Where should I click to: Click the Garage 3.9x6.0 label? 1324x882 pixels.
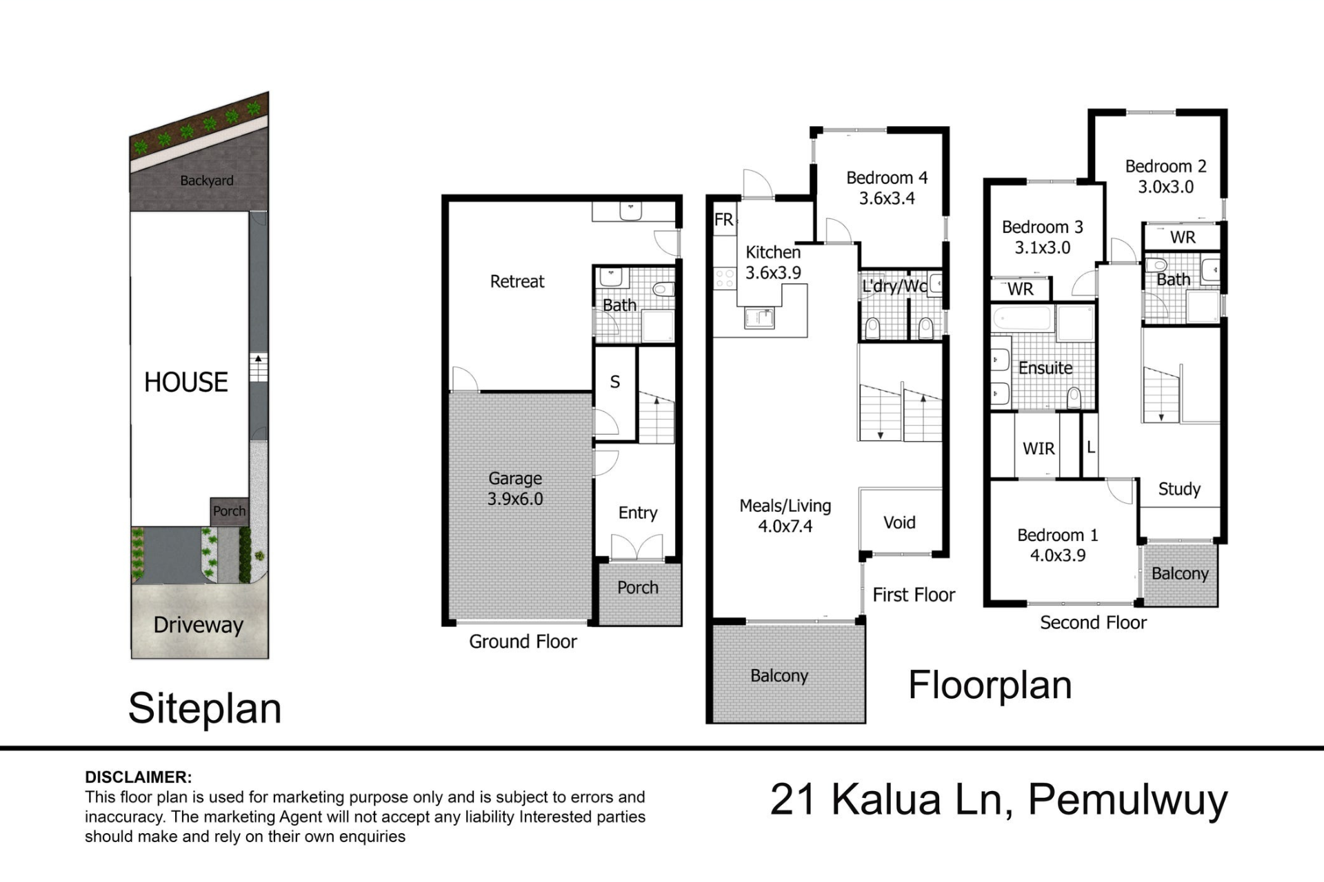coord(515,489)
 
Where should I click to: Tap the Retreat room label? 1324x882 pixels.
coord(517,281)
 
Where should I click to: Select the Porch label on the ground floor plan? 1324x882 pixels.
coord(638,588)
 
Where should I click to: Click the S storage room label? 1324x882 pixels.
coord(615,382)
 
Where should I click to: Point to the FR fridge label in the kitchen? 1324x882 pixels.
coord(724,220)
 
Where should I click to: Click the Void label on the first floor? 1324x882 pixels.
coord(899,522)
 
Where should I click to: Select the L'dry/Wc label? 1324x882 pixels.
coord(894,285)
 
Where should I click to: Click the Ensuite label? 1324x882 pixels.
coord(1045,368)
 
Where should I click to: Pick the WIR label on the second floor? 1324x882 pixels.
coord(1039,449)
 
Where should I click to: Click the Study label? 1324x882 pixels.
coord(1179,489)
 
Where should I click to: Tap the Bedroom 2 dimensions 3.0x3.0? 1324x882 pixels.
coord(1165,187)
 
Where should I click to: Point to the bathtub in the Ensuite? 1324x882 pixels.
coord(1023,320)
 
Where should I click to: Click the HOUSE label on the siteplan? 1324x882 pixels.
coord(186,382)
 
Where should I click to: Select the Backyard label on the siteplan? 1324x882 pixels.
coord(207,181)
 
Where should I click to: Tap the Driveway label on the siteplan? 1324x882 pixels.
coord(199,625)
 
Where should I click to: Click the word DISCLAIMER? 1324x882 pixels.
coord(139,777)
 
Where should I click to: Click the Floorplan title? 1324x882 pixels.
coord(990,685)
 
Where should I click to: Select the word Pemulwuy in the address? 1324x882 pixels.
coord(1128,800)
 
